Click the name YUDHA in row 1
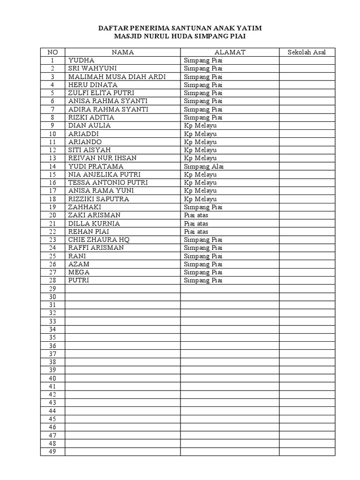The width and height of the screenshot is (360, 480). (x=82, y=60)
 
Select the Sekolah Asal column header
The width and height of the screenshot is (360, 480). (x=307, y=52)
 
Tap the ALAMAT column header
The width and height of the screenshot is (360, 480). (x=230, y=52)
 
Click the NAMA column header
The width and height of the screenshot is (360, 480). (x=123, y=52)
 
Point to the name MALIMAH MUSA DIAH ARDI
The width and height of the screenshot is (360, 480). (x=117, y=77)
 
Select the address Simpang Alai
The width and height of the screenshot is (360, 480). (x=204, y=166)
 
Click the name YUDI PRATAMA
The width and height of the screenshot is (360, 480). (x=96, y=166)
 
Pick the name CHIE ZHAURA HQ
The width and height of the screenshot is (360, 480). (x=99, y=240)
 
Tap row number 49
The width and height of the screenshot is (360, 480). (x=52, y=451)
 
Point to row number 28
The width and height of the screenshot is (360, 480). (x=52, y=280)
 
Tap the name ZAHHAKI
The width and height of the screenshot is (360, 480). (x=85, y=207)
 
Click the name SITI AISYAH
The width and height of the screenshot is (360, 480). (x=90, y=150)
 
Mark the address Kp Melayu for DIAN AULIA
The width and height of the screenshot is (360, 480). (x=200, y=126)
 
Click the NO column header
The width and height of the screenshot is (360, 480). (x=52, y=52)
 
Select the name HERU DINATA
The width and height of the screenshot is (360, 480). (x=93, y=85)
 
